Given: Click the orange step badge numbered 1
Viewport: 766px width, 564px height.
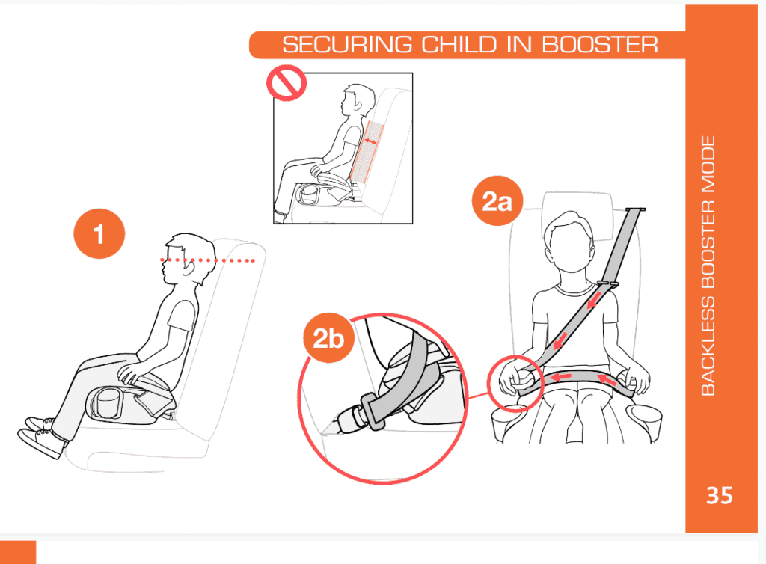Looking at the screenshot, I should pyautogui.click(x=98, y=234).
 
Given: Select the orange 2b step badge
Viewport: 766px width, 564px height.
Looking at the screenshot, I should pyautogui.click(x=328, y=340).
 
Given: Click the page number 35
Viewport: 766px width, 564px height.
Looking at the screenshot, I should pyautogui.click(x=719, y=495).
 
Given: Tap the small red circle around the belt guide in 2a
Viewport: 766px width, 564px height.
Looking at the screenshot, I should pyautogui.click(x=515, y=380).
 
